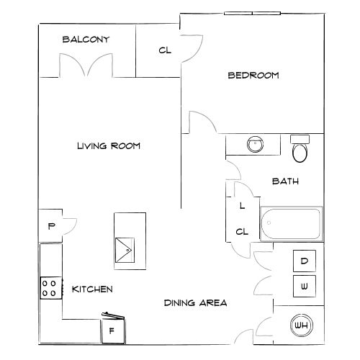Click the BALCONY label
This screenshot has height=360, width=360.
[x=86, y=40]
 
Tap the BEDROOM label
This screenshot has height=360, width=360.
[x=253, y=75]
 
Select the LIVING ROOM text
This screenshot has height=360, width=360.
[x=108, y=146]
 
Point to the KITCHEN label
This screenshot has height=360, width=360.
[x=92, y=289]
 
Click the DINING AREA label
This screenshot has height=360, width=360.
[x=195, y=303]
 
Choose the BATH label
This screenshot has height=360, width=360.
[x=285, y=181]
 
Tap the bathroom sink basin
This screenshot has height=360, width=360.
[x=254, y=145]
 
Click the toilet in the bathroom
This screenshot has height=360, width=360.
[x=299, y=150]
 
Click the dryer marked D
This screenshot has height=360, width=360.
[x=304, y=261]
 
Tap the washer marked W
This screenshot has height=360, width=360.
[x=304, y=287]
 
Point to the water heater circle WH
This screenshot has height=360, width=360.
[x=302, y=326]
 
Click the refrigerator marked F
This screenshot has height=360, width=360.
[x=112, y=331]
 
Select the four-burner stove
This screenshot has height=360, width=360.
[x=50, y=289]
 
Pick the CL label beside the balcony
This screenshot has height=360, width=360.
[x=164, y=50]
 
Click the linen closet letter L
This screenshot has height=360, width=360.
[x=242, y=205]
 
